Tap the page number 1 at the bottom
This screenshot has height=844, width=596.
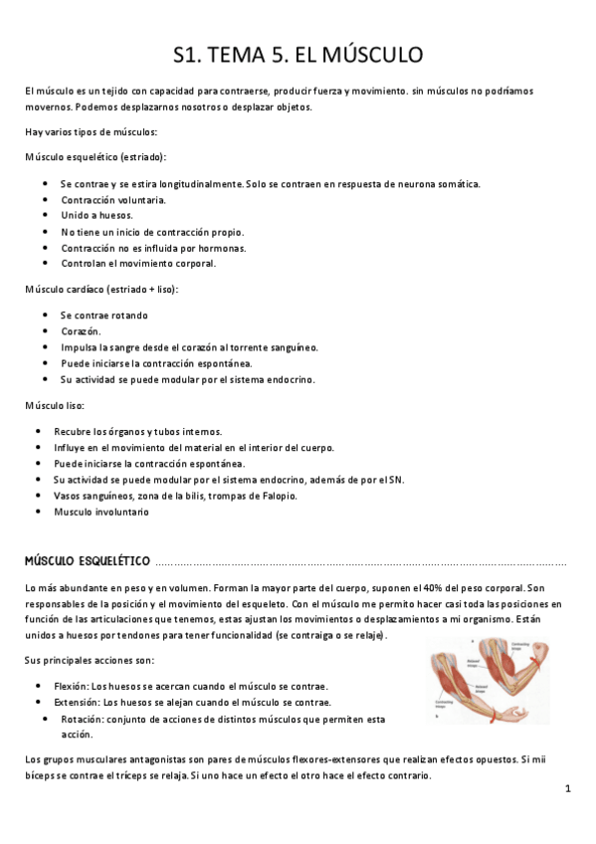pyautogui.click(x=567, y=789)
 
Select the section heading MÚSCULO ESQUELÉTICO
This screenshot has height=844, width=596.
pyautogui.click(x=88, y=561)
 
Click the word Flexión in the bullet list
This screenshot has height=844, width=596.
pyautogui.click(x=73, y=687)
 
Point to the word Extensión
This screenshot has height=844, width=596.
pyautogui.click(x=77, y=703)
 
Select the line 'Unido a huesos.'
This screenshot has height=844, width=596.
pyautogui.click(x=97, y=216)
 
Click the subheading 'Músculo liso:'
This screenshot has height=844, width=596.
pyautogui.click(x=56, y=406)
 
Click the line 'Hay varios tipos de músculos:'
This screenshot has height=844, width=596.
pyautogui.click(x=92, y=132)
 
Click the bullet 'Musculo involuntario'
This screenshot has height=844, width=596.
pyautogui.click(x=101, y=512)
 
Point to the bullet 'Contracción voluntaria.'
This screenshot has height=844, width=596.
pyautogui.click(x=113, y=200)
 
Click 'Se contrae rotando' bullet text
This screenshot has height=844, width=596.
pyautogui.click(x=103, y=316)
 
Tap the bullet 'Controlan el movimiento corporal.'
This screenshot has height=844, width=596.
pyautogui.click(x=138, y=264)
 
